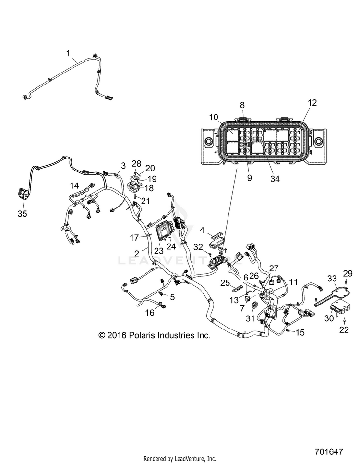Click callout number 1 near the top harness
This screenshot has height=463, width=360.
pyautogui.click(x=68, y=53)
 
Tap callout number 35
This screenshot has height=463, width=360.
pyautogui.click(x=22, y=213)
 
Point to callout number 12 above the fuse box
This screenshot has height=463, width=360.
pyautogui.click(x=312, y=102)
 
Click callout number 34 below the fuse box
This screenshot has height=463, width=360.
pyautogui.click(x=275, y=179)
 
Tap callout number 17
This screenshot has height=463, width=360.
pyautogui.click(x=134, y=237)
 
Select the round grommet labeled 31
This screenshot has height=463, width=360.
pyautogui.click(x=253, y=306)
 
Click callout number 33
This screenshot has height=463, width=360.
pyautogui.click(x=332, y=278)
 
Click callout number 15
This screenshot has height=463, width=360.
pyautogui.click(x=300, y=332)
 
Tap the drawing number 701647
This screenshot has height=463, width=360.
pyautogui.click(x=329, y=451)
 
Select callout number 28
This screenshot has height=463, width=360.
pyautogui.click(x=136, y=164)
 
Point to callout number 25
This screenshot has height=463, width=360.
pyautogui.click(x=225, y=283)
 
